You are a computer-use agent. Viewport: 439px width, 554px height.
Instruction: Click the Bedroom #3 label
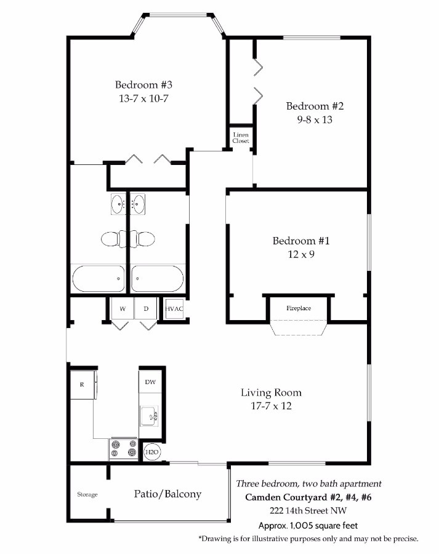point(143,85)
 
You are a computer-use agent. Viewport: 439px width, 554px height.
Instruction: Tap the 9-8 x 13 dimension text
point(315,120)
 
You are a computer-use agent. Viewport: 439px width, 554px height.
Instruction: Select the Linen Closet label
point(241,138)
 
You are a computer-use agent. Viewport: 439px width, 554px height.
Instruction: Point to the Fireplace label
point(299,308)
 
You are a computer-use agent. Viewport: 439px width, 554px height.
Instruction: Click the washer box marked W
point(123,308)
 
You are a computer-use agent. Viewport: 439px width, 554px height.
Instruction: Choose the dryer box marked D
point(146,308)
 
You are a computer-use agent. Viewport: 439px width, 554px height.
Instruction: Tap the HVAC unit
point(174,308)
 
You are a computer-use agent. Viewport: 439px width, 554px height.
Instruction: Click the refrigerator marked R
point(83,384)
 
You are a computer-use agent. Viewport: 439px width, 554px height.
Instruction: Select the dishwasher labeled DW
point(150,382)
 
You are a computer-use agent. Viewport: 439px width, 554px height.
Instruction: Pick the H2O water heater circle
point(152,452)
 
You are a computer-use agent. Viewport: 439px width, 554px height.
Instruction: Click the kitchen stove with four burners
point(123,449)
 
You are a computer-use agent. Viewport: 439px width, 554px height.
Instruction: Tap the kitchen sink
point(150,416)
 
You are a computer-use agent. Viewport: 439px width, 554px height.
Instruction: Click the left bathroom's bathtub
point(99,278)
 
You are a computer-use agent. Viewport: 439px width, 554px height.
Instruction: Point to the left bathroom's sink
point(118,204)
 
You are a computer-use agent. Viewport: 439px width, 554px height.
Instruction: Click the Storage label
point(87,494)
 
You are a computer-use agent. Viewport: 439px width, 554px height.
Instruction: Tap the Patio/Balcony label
point(167,494)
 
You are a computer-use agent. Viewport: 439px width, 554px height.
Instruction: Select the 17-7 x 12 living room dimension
point(271,406)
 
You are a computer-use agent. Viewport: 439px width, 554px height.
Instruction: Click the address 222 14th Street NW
point(308,510)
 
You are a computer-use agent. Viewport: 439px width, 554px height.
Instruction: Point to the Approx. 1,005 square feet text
point(308,526)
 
